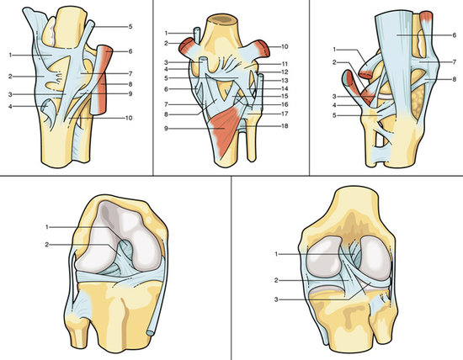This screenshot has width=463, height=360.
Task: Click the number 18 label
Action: pos(285,126)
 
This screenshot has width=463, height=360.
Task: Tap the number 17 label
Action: pos(285,114)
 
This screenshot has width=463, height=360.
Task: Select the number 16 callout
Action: pos(285,104)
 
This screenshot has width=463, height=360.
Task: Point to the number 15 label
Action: pos(285,96)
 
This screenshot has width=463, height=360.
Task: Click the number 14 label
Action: pos(285,88)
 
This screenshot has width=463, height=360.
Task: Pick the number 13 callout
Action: pos(285,80)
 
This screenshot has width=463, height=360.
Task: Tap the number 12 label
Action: pos(285,72)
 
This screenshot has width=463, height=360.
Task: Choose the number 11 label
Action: pos(285,64)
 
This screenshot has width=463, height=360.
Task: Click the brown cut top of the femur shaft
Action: pos(222,19)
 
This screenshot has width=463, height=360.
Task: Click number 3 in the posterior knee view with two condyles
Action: pos(276,299)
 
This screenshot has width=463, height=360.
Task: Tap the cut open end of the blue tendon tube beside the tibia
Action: pos(150,333)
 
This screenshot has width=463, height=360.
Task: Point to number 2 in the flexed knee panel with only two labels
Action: pos(47,245)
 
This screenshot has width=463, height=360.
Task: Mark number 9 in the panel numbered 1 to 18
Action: pos(166,129)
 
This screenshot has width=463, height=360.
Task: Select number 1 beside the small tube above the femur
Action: pos(166,33)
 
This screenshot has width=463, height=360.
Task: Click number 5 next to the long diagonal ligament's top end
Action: pos(130,27)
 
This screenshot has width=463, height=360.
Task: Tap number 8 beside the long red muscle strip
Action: pos(130,84)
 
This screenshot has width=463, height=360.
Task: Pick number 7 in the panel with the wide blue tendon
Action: pos(454,62)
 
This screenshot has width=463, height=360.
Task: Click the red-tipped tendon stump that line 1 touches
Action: pos(366,74)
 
